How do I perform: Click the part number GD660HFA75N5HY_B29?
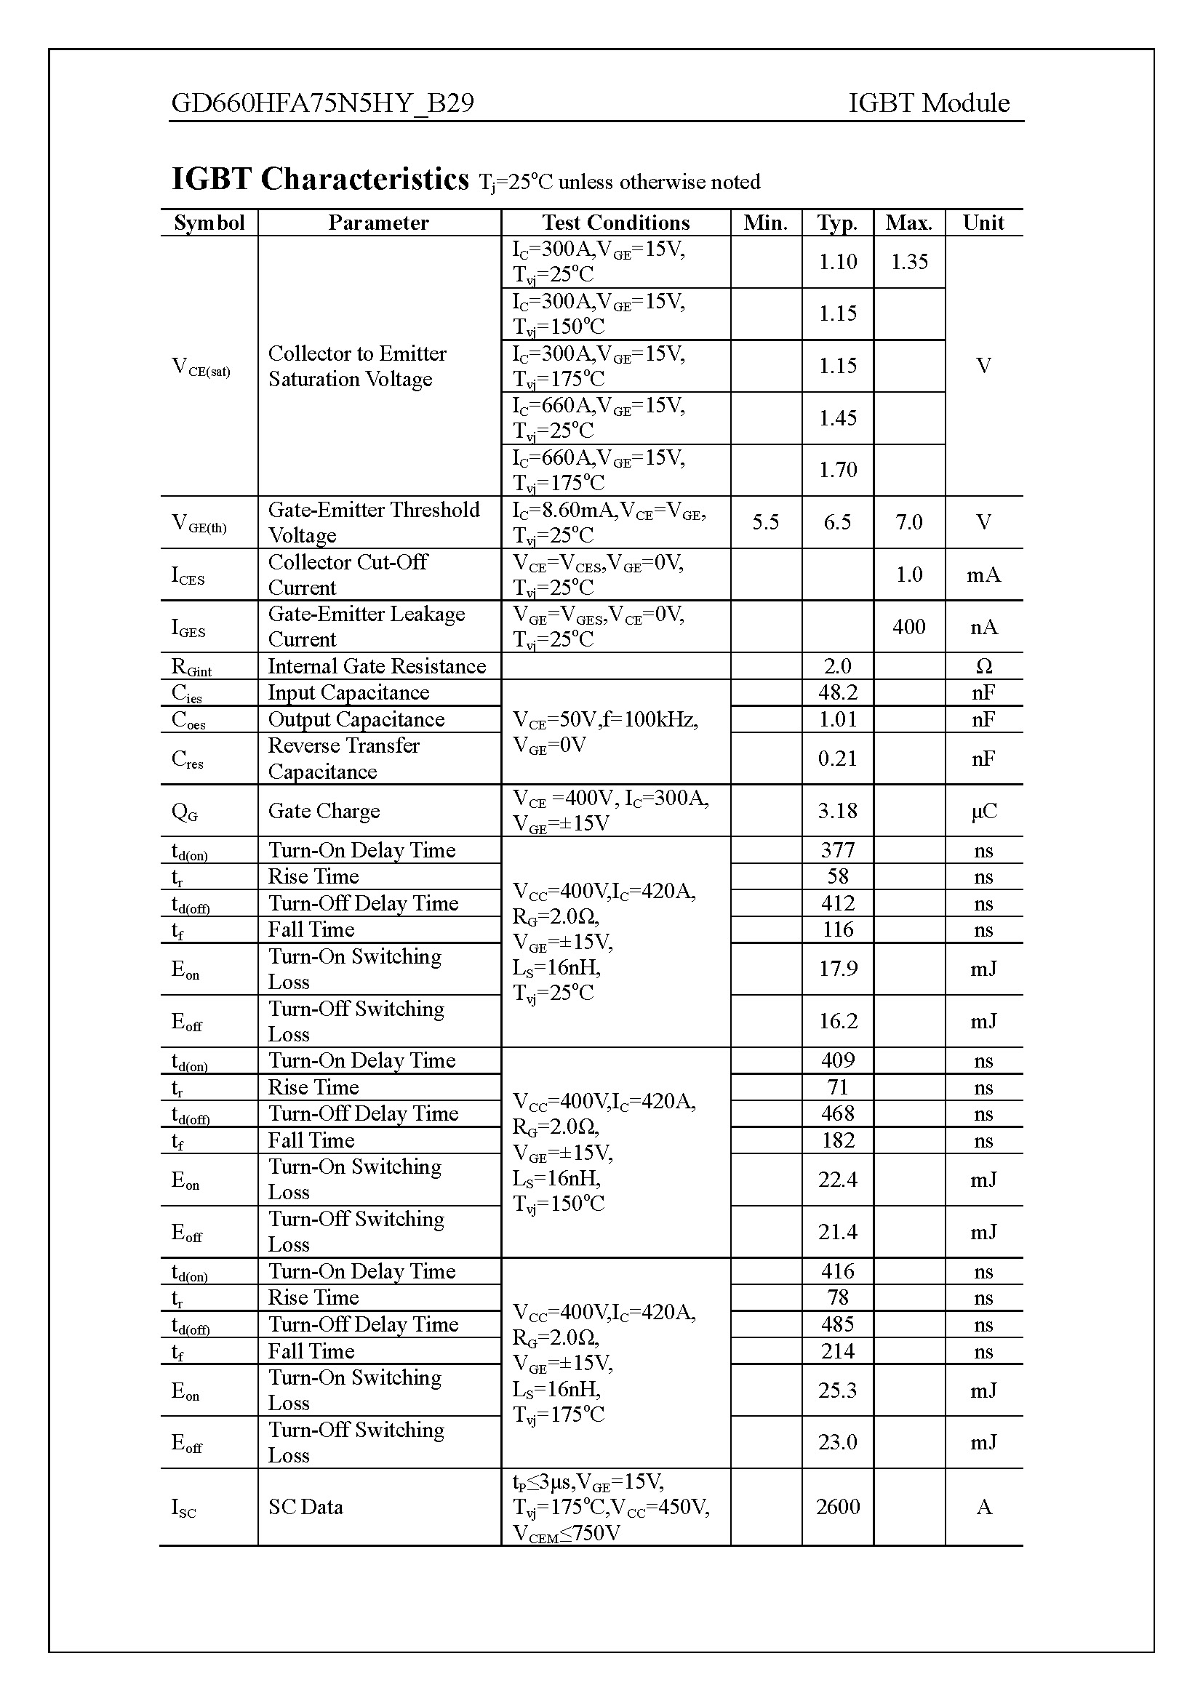point(322,103)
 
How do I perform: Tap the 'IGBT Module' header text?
point(928,103)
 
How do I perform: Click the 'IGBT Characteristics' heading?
point(320,180)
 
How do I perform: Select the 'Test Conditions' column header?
point(615,223)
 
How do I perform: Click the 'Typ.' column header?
point(837,223)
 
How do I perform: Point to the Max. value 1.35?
point(909,262)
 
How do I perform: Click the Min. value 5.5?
point(765,522)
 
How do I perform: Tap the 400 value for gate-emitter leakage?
point(909,627)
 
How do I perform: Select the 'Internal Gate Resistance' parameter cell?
point(376,666)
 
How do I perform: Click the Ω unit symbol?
point(983,666)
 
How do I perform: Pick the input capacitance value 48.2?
point(837,693)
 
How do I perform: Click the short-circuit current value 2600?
point(837,1506)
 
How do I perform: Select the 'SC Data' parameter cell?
point(305,1507)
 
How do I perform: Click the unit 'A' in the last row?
point(983,1507)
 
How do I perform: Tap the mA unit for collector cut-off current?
point(983,575)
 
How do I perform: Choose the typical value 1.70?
point(837,470)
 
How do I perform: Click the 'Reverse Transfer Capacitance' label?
point(344,758)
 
